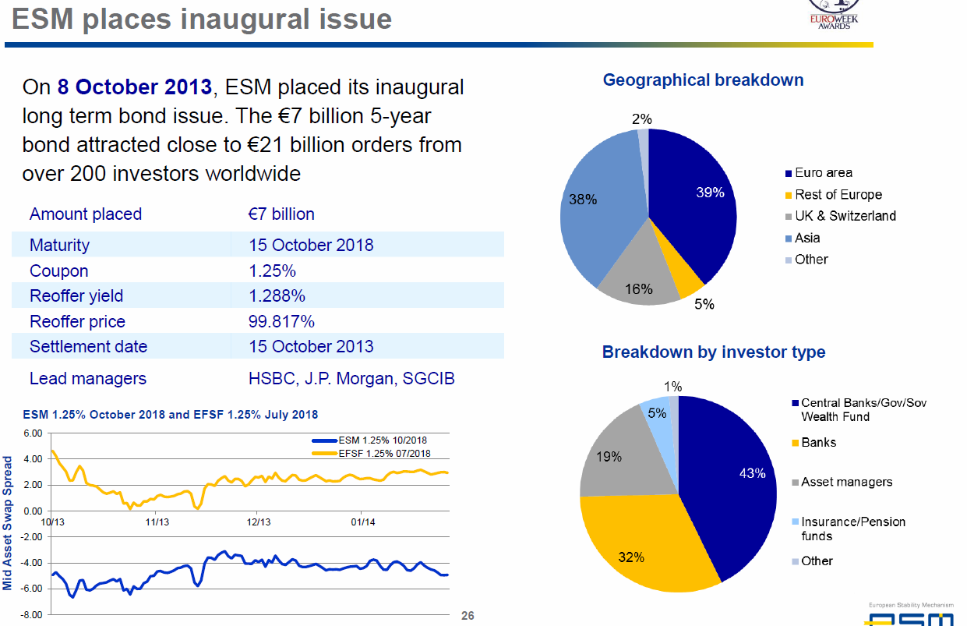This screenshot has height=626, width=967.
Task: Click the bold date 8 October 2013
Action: [134, 87]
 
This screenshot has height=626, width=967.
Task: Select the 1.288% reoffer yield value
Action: [277, 296]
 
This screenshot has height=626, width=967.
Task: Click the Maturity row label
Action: [59, 246]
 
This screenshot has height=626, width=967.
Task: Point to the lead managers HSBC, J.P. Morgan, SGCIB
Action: [351, 379]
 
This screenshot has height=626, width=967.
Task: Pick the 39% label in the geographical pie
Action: [710, 193]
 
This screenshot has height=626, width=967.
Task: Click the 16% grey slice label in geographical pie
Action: [639, 289]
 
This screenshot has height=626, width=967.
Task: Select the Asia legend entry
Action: [807, 238]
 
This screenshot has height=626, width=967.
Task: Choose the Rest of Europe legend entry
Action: [838, 195]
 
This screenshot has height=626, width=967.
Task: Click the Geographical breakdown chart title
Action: [703, 80]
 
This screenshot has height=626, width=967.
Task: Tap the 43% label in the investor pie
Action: [752, 473]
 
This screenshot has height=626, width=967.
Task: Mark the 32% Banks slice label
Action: [631, 557]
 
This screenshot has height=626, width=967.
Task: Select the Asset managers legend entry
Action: [846, 482]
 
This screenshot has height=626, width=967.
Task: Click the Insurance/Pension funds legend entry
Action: [852, 529]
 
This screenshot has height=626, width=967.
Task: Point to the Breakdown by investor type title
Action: [713, 352]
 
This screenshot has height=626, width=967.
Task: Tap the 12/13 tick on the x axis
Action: [259, 522]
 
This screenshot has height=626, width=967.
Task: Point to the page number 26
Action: [468, 616]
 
